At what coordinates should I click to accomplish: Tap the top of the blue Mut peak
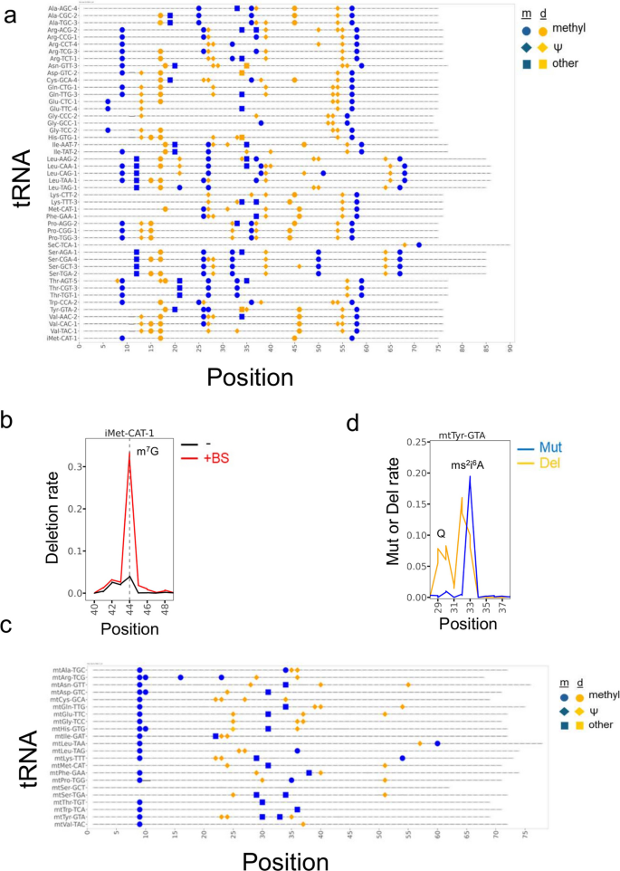(469, 477)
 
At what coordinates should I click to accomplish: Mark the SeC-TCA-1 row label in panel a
(62, 244)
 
